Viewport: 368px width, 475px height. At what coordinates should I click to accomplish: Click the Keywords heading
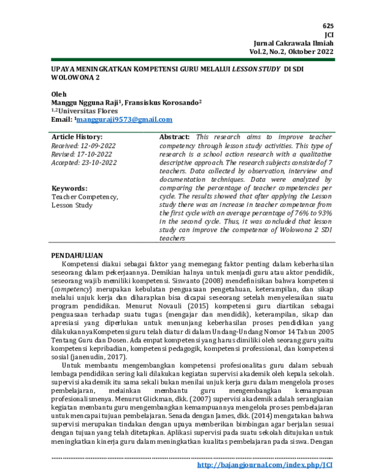click(x=69, y=189)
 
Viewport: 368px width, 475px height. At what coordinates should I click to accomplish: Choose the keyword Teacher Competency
click(x=84, y=197)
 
